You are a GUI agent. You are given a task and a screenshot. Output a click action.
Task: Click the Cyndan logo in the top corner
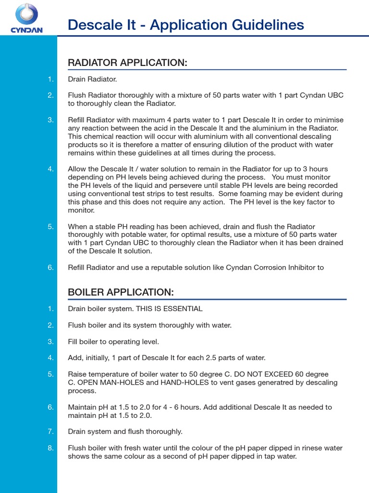27,18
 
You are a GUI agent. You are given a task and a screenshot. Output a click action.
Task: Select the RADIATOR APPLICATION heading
127,63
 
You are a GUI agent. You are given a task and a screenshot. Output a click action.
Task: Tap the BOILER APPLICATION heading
121,292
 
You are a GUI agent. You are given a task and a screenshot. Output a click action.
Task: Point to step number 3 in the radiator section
51,120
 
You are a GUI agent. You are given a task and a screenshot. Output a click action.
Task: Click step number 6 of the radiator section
51,268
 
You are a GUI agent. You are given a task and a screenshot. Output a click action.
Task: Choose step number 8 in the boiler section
51,448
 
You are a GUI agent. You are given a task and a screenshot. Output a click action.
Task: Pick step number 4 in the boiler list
51,358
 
